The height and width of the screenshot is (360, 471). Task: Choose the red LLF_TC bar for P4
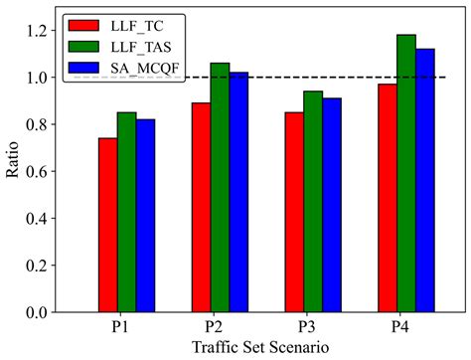click(386, 198)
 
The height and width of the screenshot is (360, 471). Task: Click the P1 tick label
click(127, 326)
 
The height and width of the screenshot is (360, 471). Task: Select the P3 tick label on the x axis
click(312, 326)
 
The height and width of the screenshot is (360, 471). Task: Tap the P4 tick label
click(405, 326)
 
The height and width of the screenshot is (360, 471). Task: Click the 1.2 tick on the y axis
click(37, 31)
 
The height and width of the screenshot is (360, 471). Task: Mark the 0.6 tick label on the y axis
click(37, 171)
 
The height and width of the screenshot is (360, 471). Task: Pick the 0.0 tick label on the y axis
click(37, 312)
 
